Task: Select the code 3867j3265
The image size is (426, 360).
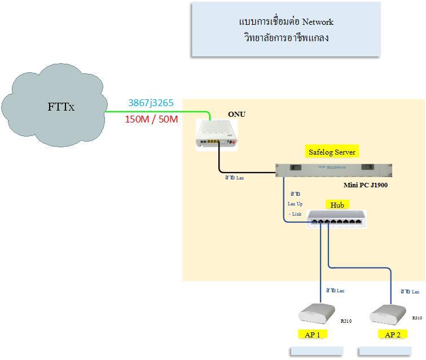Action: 151,103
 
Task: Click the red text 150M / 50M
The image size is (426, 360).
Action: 151,119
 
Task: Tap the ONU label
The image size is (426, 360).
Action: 236,115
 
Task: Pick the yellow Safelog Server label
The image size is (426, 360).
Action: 332,152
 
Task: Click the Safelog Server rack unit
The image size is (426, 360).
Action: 333,169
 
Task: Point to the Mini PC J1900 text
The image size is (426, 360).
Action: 366,185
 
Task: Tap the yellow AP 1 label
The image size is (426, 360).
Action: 312,335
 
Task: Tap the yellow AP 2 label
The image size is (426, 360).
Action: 393,335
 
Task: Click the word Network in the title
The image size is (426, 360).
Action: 318,22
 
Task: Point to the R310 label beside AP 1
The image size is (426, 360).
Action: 346,321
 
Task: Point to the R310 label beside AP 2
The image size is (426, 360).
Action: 417,318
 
